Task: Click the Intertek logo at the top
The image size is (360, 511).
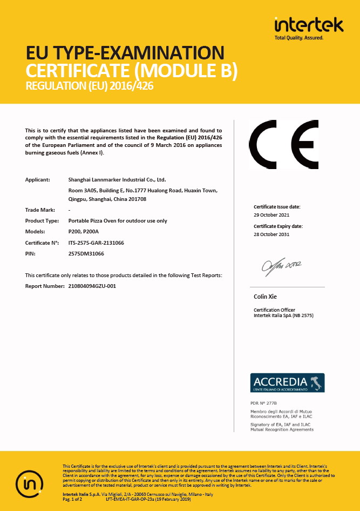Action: click(309, 28)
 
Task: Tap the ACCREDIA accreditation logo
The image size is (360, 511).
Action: click(288, 382)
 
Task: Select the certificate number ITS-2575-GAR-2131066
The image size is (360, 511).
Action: click(96, 243)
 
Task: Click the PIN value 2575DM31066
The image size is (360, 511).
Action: click(86, 253)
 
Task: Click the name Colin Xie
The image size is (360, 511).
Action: click(266, 297)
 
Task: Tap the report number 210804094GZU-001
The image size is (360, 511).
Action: click(92, 286)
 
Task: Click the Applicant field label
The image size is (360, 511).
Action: click(37, 179)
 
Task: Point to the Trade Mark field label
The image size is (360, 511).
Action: click(38, 210)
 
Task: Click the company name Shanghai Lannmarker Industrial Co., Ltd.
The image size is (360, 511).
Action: click(117, 179)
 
